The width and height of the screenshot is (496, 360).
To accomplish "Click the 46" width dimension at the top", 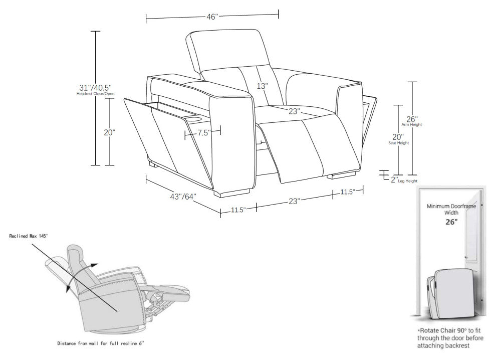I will point(212,17).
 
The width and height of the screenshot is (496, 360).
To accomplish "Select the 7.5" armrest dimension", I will point(202,133).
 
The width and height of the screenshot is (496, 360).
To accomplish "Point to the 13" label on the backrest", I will point(263,86).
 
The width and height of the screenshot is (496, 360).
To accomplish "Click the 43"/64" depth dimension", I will point(182,198).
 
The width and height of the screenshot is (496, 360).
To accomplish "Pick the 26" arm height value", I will point(411,119).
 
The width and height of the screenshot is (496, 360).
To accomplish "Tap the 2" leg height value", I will point(394,179).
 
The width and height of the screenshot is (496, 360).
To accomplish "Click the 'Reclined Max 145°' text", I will point(28,236).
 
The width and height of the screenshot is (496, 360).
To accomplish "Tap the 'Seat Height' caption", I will point(398,143).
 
